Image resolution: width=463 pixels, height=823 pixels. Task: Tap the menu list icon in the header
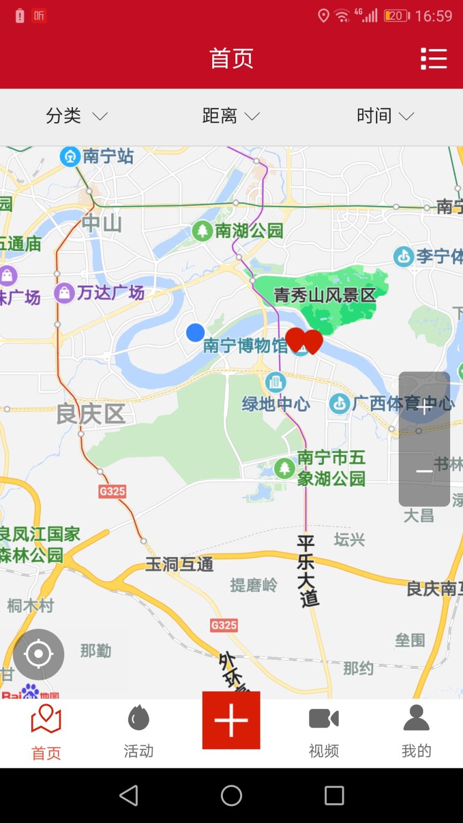pos(434,58)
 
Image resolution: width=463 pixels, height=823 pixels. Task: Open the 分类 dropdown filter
pos(76,116)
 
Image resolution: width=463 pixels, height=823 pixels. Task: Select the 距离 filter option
pos(230,116)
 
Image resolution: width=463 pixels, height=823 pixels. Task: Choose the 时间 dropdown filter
pos(385,116)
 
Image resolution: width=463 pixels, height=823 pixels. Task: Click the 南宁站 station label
pos(107,156)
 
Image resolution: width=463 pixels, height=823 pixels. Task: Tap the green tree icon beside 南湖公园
pos(202,231)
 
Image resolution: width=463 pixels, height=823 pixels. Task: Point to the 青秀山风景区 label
pos(325,295)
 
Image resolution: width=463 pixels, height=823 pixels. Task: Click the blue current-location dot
pos(195,333)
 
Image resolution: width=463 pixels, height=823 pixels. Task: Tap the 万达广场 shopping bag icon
pos(64,293)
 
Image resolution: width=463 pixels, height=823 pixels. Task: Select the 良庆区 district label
pos(91,414)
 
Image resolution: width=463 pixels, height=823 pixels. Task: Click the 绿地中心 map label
pos(276,403)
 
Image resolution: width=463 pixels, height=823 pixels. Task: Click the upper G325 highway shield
pos(112,491)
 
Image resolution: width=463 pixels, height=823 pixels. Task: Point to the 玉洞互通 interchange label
pos(179,564)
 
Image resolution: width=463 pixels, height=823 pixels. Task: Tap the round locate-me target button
pos(39,654)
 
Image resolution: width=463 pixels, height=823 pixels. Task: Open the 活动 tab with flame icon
pos(138,732)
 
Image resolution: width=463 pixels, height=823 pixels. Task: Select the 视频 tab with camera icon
pos(324,732)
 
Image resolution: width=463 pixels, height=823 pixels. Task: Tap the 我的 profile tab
pos(416,732)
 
